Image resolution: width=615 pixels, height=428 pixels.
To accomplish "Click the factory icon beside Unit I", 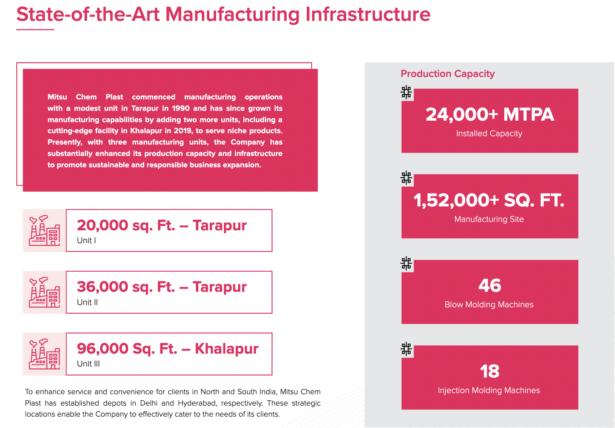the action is pos(44,230).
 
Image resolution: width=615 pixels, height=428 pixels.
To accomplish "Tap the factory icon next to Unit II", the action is pos(44,292).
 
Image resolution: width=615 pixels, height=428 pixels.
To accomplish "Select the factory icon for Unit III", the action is pos(44,354).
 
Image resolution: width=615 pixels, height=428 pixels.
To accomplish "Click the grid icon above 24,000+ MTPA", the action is pos(406,92).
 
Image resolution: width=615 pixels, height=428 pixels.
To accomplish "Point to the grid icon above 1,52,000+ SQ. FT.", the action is pos(406,178).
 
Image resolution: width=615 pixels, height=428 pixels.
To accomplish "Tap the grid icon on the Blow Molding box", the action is pos(406,263).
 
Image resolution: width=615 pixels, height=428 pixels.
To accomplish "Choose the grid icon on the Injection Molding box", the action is pos(406,349).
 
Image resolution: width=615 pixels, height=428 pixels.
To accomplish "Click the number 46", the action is pos(489,285).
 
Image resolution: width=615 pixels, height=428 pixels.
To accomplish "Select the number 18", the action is pos(489,371).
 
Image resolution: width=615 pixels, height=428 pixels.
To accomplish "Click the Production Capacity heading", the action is pos(447,74).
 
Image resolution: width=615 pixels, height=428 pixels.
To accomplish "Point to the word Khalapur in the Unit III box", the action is pos(226,349).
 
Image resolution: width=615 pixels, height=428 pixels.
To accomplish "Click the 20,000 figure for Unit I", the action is pos(102,225).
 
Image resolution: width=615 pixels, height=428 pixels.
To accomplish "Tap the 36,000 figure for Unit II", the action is pos(102,287).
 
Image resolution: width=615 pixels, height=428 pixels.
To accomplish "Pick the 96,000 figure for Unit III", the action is pos(102,349).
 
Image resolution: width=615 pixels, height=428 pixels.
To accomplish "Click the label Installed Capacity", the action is pos(489,134).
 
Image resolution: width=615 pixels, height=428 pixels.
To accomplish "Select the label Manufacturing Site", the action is pos(489,219).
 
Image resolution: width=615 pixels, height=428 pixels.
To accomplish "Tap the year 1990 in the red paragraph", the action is pos(180,108).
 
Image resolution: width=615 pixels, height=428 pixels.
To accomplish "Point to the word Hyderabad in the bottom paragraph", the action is pos(198,403).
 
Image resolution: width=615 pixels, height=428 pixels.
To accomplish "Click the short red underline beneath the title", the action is pos(35,29).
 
